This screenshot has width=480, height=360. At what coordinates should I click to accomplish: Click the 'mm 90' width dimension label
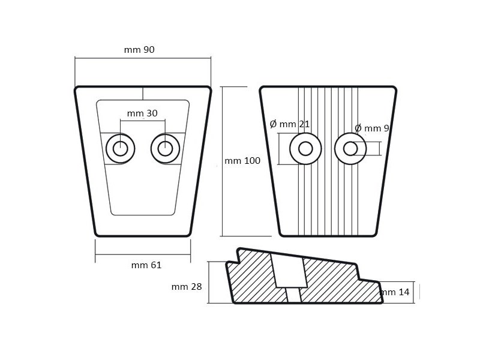click(139, 50)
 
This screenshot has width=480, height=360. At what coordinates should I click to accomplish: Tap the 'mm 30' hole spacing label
click(142, 113)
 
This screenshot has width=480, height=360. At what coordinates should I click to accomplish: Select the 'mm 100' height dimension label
click(242, 161)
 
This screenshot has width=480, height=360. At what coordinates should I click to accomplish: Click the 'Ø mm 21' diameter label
click(290, 124)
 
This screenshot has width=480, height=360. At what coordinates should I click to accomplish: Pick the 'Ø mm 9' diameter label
click(373, 128)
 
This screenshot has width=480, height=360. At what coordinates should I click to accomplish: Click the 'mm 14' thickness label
click(396, 292)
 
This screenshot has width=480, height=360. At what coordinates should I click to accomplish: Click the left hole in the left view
click(120, 148)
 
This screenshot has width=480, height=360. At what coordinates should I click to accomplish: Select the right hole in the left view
click(166, 148)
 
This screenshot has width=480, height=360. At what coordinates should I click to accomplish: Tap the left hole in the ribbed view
click(305, 148)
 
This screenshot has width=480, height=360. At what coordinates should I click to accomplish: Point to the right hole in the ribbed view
click(351, 148)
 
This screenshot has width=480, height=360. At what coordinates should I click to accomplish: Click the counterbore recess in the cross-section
click(290, 270)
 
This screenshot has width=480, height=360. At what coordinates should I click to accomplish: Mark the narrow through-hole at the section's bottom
click(293, 295)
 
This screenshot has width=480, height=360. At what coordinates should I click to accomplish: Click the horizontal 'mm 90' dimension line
click(143, 58)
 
